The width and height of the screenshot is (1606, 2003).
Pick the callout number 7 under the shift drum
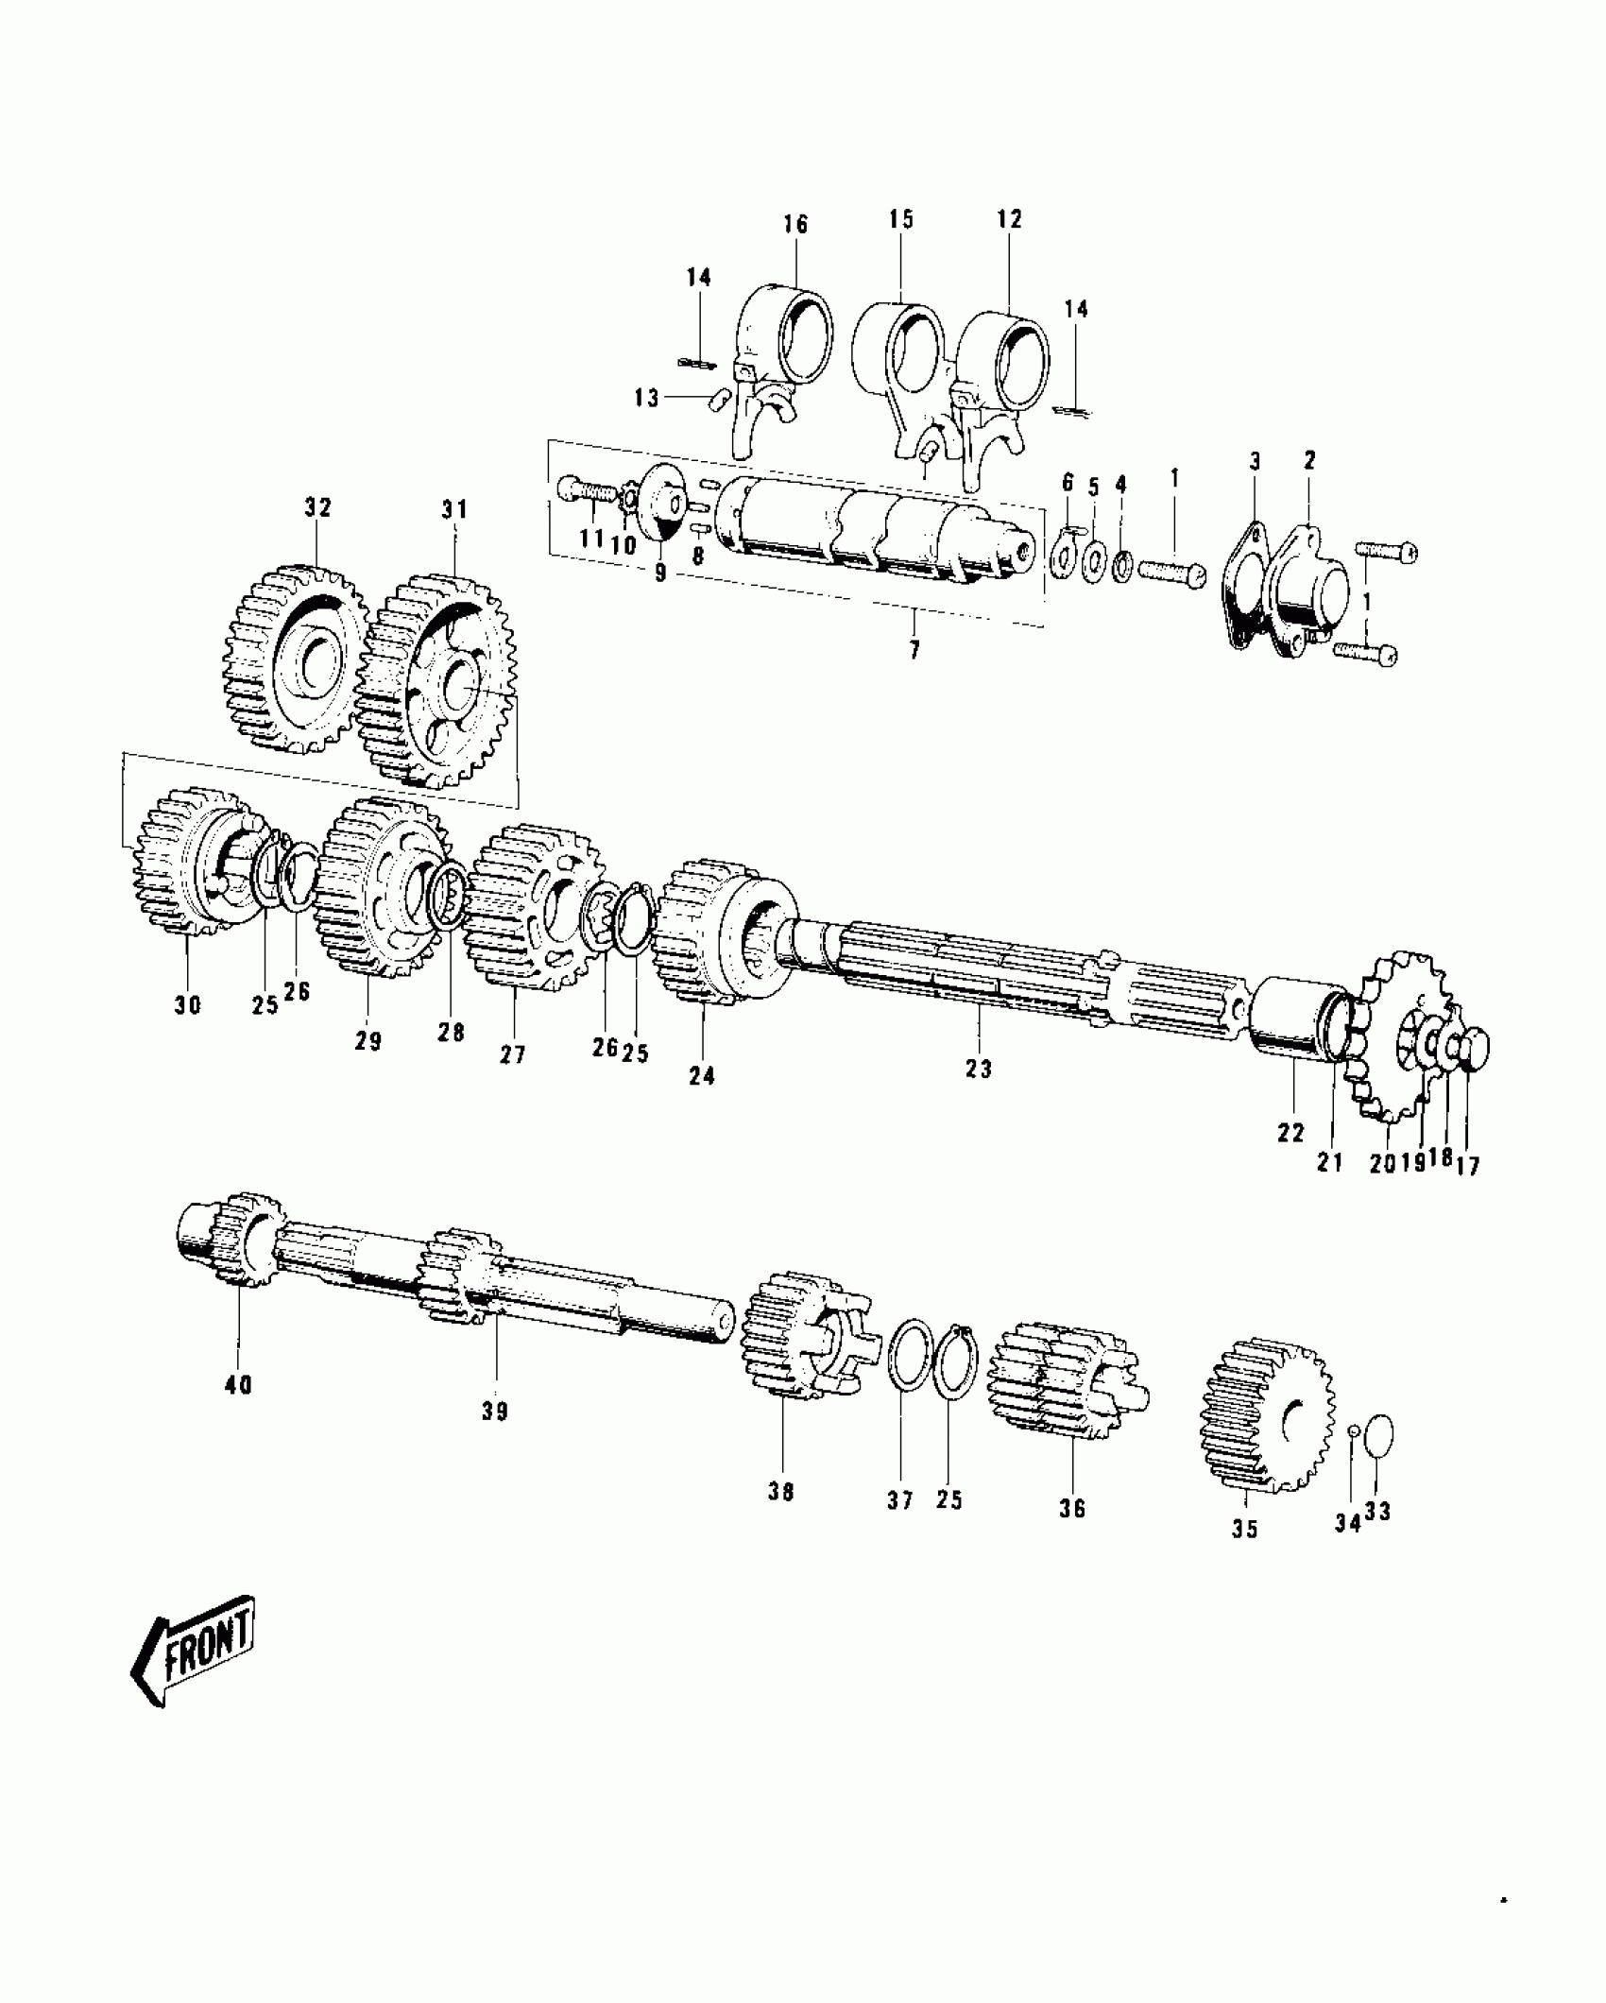(x=914, y=651)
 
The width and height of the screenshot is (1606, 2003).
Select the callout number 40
(x=238, y=1385)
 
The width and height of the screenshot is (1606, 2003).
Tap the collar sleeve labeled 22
(x=1292, y=1025)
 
